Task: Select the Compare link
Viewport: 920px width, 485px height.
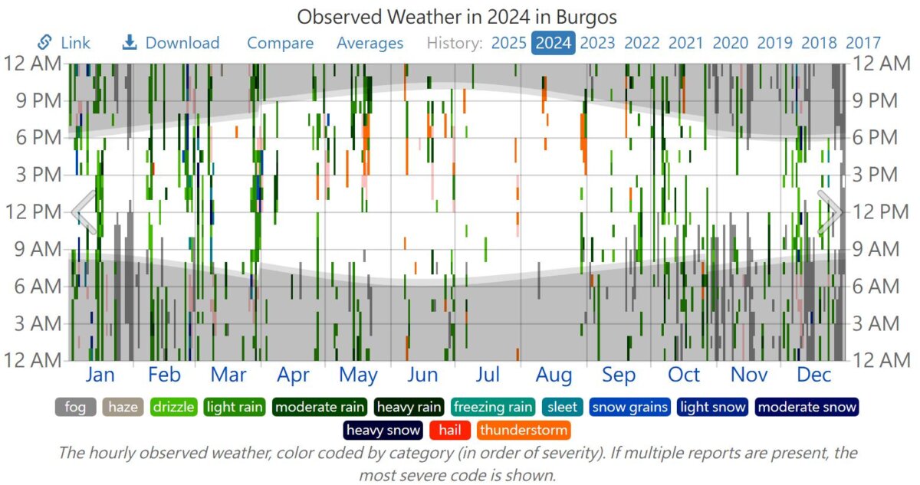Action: click(280, 43)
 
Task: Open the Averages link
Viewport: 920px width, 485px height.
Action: click(370, 43)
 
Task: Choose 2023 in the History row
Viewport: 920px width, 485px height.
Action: click(597, 43)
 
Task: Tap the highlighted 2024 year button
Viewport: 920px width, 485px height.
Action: click(554, 43)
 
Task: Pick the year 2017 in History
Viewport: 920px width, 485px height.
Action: click(863, 43)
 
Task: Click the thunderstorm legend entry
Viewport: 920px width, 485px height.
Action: click(523, 430)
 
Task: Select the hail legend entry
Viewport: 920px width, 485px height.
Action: click(450, 430)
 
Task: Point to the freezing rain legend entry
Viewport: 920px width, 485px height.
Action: click(493, 407)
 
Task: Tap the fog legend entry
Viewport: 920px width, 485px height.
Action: click(75, 407)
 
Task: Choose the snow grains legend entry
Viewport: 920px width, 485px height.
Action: click(630, 407)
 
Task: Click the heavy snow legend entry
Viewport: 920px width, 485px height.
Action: click(383, 430)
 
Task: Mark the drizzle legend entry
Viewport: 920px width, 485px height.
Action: click(173, 407)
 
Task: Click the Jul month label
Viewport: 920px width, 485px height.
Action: click(488, 375)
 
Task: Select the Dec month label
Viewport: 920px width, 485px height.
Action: click(813, 375)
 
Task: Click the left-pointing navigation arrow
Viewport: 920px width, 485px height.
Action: click(84, 212)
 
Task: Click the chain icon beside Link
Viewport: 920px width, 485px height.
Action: click(44, 42)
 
